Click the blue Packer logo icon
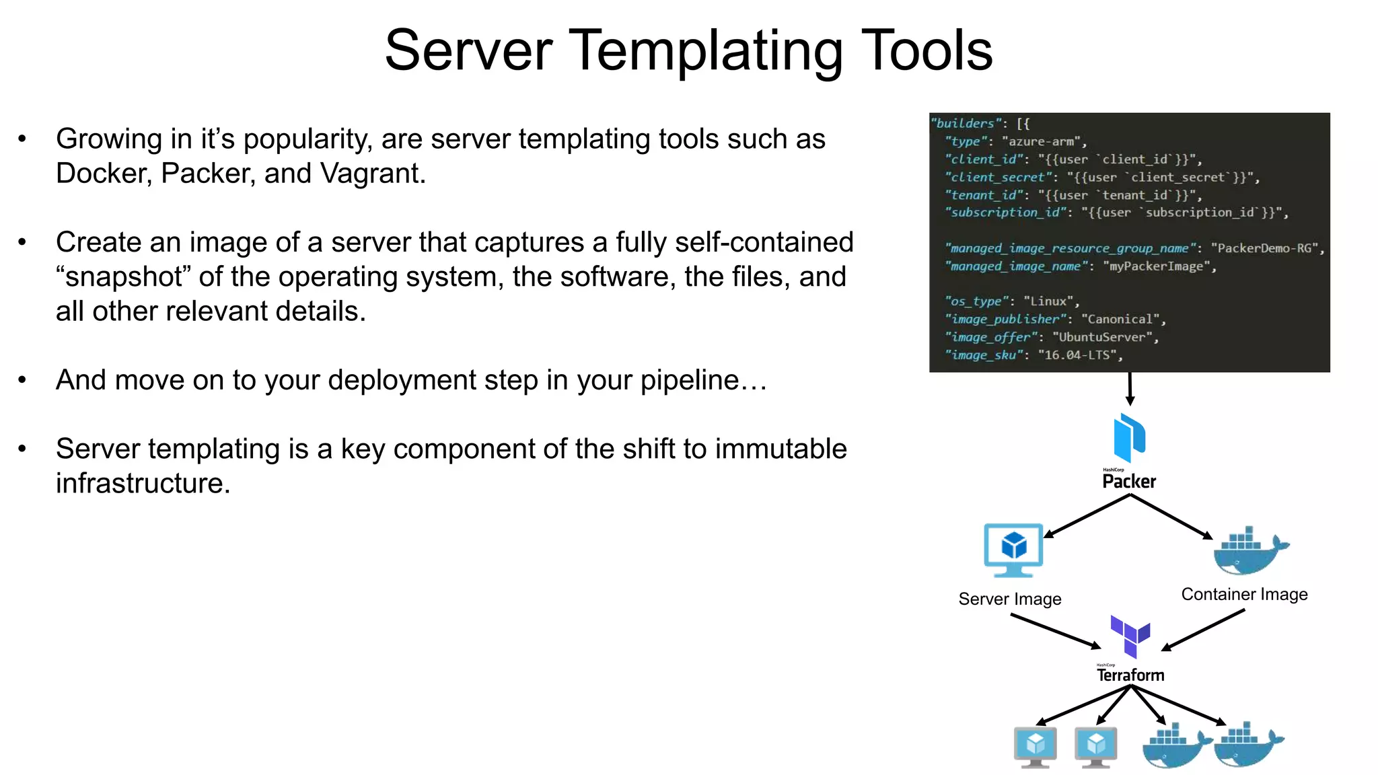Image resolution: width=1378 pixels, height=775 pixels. [1129, 437]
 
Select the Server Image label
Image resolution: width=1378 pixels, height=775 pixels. [1009, 599]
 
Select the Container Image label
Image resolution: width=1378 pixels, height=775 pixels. [1244, 594]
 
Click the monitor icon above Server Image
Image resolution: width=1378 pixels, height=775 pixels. [1013, 550]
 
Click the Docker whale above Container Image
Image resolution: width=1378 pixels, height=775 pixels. [1250, 550]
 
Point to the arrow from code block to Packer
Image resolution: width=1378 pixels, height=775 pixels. [1130, 388]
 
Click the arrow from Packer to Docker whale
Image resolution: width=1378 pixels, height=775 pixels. [1171, 517]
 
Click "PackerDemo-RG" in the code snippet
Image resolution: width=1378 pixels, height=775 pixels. [1264, 248]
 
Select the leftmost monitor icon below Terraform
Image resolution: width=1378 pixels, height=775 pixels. [1035, 747]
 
